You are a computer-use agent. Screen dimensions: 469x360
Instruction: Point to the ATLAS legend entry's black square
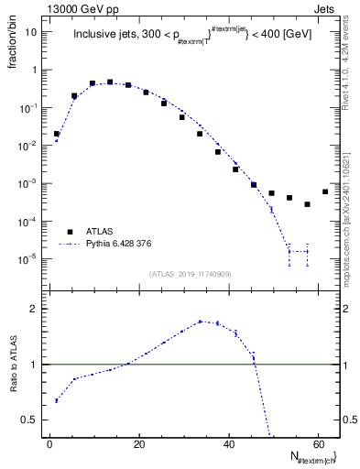(70, 232)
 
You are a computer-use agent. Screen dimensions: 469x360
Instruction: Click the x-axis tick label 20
(139, 445)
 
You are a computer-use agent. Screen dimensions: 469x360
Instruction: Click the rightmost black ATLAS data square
(325, 191)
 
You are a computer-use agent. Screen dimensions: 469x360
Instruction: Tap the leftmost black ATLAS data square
(57, 134)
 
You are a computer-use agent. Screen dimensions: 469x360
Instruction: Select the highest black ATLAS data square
(110, 82)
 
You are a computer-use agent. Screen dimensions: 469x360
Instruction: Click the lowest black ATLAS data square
(308, 204)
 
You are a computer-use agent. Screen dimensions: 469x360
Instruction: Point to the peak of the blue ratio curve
(200, 322)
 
